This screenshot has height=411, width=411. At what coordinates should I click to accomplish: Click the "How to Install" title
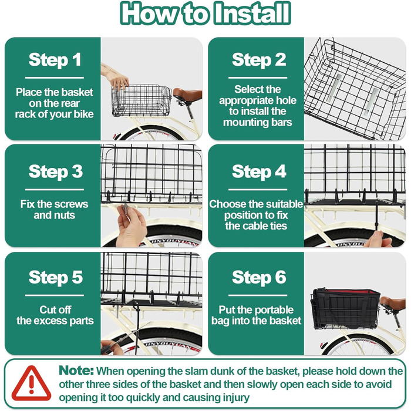click(x=206, y=13)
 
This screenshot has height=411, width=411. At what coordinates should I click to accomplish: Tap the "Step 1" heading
click(x=55, y=60)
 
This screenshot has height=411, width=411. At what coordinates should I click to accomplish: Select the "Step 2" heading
click(x=259, y=60)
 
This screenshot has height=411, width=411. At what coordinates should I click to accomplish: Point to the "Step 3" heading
click(x=56, y=171)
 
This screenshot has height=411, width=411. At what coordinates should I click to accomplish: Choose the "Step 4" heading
click(x=259, y=171)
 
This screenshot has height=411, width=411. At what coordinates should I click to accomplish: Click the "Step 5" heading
click(x=56, y=277)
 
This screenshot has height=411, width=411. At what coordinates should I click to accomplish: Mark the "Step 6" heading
click(x=259, y=277)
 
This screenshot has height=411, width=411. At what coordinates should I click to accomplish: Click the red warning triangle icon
click(x=32, y=383)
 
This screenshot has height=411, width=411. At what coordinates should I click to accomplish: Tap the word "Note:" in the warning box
click(x=76, y=370)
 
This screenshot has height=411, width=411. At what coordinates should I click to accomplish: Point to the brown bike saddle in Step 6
click(x=393, y=302)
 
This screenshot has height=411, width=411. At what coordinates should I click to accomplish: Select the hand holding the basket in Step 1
click(x=117, y=78)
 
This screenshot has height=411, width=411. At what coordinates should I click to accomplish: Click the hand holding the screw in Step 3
click(x=131, y=226)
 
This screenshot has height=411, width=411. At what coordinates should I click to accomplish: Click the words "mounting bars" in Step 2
click(x=257, y=122)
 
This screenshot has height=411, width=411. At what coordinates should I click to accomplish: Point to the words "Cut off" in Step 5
click(x=55, y=310)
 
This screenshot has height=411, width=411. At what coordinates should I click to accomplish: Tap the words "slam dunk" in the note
click(x=215, y=371)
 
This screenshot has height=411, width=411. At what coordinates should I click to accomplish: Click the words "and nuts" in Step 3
click(x=54, y=215)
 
